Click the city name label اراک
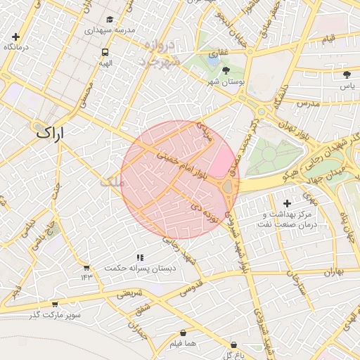50,131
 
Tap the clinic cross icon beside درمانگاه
15,37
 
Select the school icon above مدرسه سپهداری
109,20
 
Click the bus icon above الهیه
105,52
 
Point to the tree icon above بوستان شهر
225,70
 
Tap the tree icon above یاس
346,75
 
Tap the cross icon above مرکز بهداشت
287,203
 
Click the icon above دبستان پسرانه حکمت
140,257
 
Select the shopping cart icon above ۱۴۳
86,267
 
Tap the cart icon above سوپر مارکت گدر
55,304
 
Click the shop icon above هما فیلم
184,333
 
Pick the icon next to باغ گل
234,345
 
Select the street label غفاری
219,51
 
